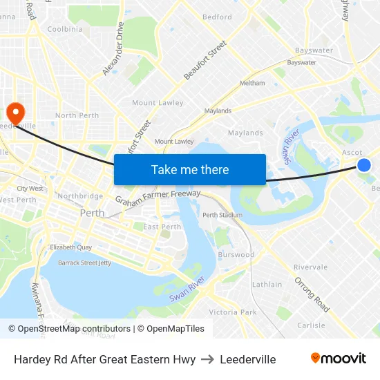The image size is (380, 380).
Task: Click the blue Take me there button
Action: point(189,169)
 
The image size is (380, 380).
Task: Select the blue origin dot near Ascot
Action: point(364,164)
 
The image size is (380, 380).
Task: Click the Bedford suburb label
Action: point(217,17)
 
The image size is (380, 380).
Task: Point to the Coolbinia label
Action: point(64,29)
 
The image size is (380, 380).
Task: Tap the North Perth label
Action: point(77,115)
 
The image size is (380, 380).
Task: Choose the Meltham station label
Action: point(251,83)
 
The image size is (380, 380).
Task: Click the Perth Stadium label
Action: point(222,215)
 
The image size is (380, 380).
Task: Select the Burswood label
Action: point(236,255)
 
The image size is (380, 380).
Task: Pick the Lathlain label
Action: point(267,284)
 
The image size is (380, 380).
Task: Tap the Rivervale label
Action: point(310,267)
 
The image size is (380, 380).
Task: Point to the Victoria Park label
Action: point(232,312)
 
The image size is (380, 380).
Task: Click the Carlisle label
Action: point(310,325)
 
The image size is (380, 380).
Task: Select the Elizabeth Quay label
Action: point(70,247)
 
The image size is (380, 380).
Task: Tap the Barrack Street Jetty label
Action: point(84,263)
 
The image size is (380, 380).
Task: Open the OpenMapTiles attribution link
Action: point(172,329)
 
